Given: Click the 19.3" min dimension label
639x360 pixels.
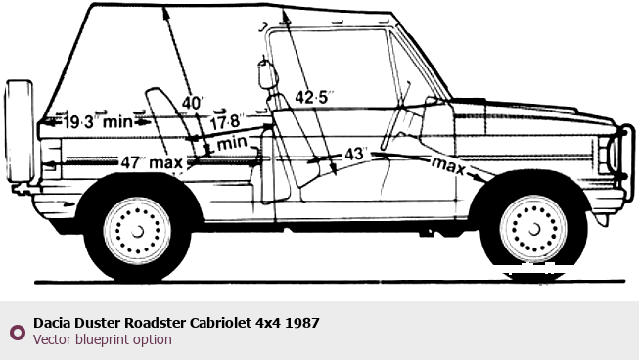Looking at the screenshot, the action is [98, 121].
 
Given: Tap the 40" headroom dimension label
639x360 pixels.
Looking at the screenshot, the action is [194, 103].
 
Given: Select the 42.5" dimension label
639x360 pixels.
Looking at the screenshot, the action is [314, 97].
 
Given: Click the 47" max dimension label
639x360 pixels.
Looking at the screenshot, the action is [152, 163].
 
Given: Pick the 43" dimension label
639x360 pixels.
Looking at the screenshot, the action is [356, 154].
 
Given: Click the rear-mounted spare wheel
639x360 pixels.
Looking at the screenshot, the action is [20, 131].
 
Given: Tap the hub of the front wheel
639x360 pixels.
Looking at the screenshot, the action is [533, 230].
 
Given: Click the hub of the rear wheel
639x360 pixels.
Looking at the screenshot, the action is [137, 231].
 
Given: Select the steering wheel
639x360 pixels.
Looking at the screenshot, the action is [395, 116].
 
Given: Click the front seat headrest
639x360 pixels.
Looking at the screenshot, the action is [267, 74].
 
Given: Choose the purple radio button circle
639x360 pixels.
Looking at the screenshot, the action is [17, 332].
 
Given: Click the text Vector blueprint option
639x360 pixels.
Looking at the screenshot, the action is [103, 339].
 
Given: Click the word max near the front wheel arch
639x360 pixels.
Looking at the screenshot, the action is [447, 165].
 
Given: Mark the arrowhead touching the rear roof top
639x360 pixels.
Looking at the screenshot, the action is [165, 12].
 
